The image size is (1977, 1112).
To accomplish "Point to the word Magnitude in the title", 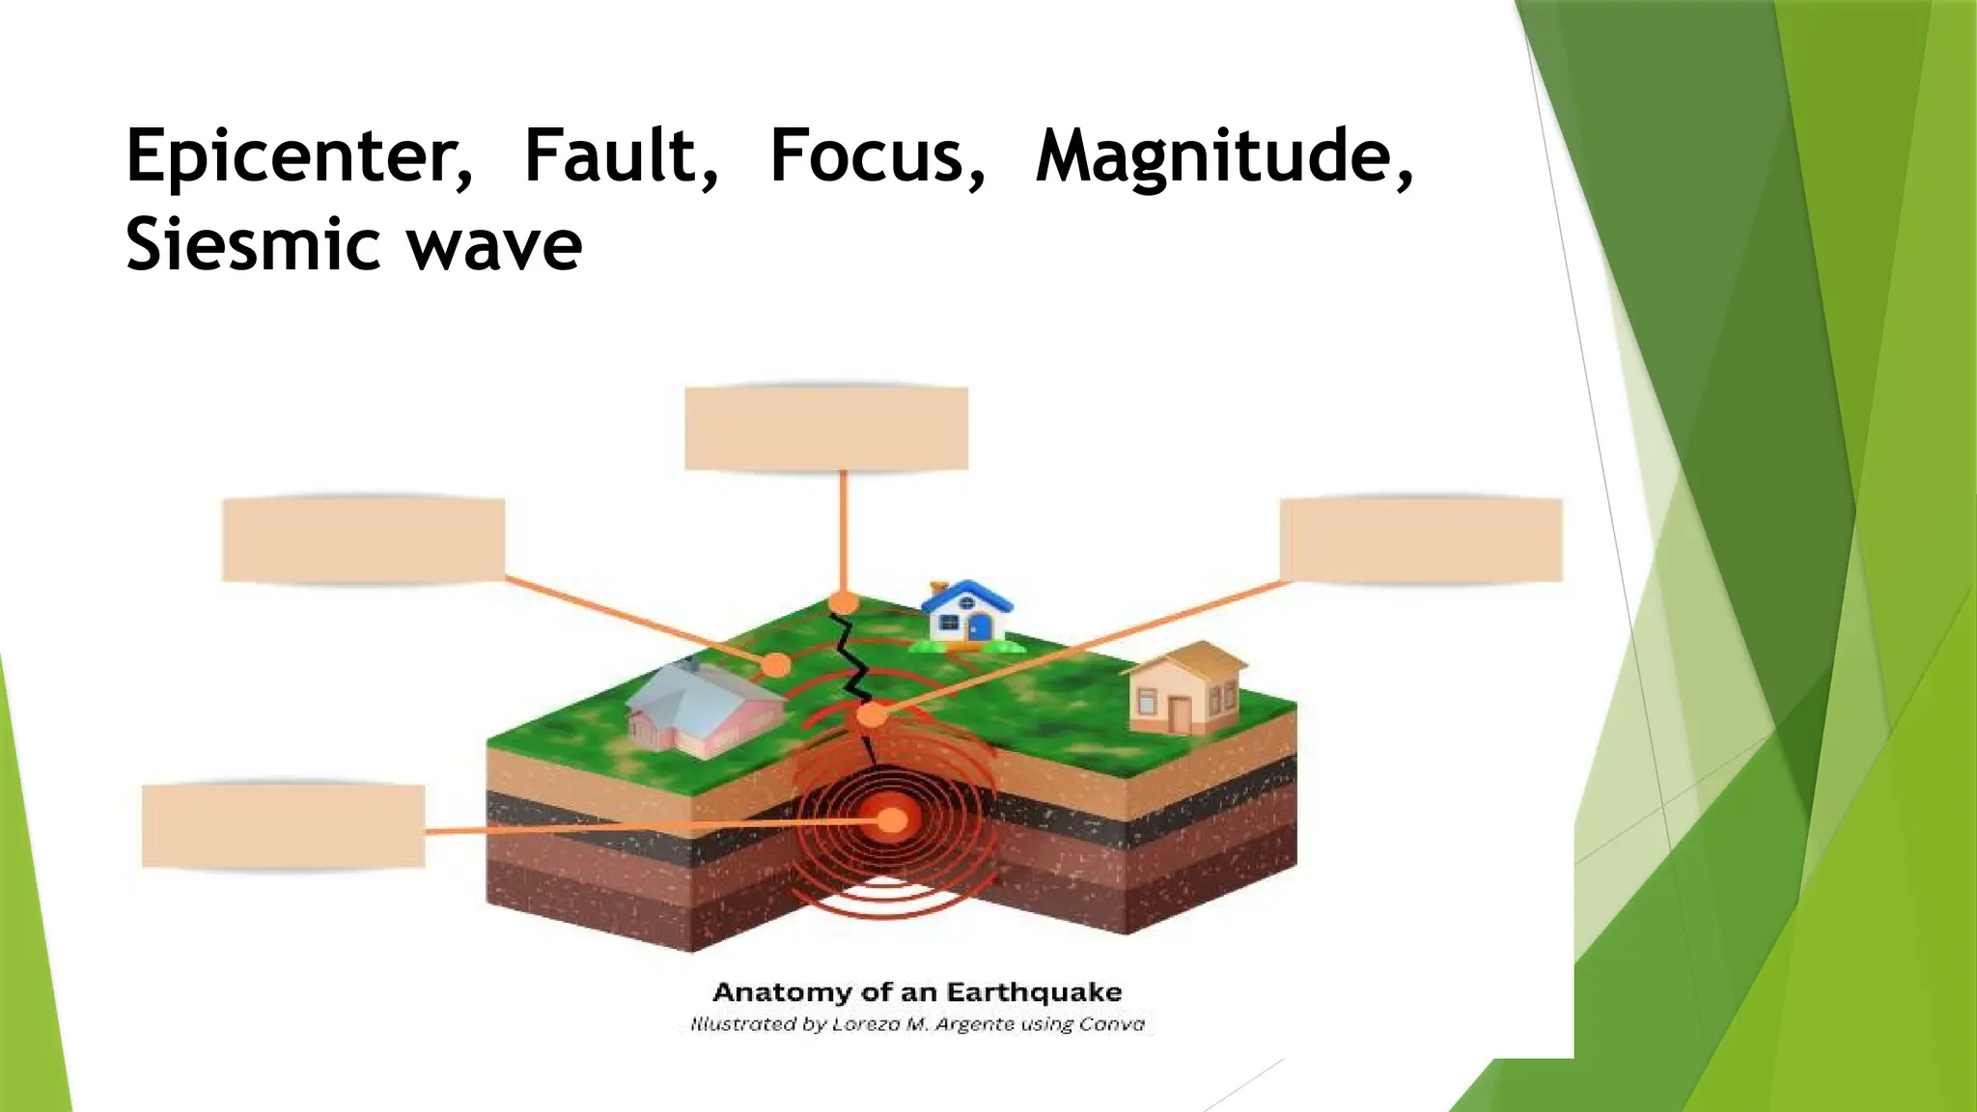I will pos(1220,156).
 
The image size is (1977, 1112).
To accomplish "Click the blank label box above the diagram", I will pos(826,429).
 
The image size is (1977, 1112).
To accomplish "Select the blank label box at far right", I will pos(1421,540).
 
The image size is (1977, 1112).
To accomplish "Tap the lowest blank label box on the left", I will pos(283,826).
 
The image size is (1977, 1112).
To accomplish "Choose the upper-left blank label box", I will pos(363,540).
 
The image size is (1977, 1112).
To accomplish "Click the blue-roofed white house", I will pos(966,613).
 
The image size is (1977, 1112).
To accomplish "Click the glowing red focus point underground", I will pos(892,820).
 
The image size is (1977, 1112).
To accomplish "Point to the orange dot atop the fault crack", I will pos(844,603).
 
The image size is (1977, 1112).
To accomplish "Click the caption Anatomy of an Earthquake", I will pos(917,992).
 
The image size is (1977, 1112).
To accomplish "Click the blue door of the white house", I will pos(979,628).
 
